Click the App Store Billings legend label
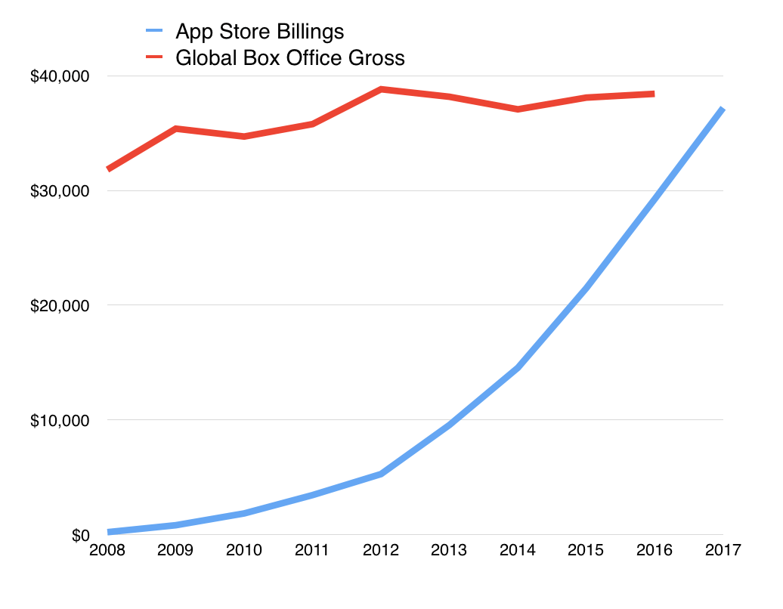click(x=259, y=32)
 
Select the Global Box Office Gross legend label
click(x=289, y=57)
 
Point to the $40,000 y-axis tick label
click(x=60, y=76)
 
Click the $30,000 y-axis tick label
click(x=60, y=191)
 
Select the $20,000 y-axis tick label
click(x=60, y=306)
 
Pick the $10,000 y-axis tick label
click(x=60, y=420)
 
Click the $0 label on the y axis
click(x=79, y=535)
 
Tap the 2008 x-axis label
click(x=107, y=549)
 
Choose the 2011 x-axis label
click(x=312, y=549)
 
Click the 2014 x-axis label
click(x=518, y=549)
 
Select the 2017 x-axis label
click(x=723, y=549)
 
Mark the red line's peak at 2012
click(x=381, y=89)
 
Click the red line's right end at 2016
click(x=653, y=94)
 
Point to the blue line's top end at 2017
click(x=723, y=109)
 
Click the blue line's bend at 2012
click(x=381, y=474)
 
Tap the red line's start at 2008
click(x=108, y=169)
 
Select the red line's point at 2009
click(x=176, y=129)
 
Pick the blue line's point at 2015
click(x=586, y=288)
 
